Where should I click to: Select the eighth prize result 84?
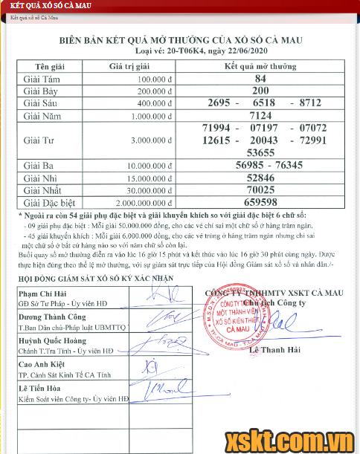tap(260, 78)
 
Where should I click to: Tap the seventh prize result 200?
tap(260, 90)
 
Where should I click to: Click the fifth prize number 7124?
tap(260, 115)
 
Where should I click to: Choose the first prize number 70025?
tap(260, 189)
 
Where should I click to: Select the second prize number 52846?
tap(260, 178)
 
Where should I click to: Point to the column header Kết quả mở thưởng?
tap(260, 66)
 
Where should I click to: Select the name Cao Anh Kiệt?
tap(44, 366)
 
